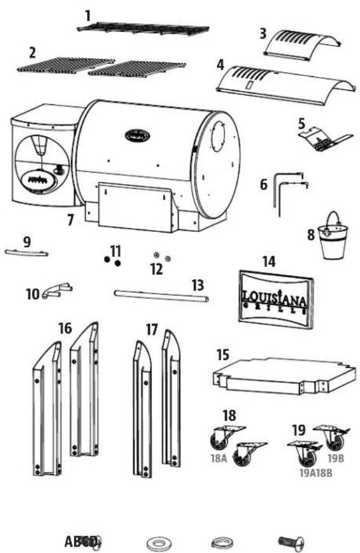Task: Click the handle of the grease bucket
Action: click(x=334, y=220)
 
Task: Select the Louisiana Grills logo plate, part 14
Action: click(x=276, y=296)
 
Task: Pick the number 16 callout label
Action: click(x=65, y=329)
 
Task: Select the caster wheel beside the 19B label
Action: click(x=330, y=436)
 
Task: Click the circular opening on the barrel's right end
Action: click(x=220, y=138)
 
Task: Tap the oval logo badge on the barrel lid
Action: click(x=137, y=136)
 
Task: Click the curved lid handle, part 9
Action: click(x=27, y=252)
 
